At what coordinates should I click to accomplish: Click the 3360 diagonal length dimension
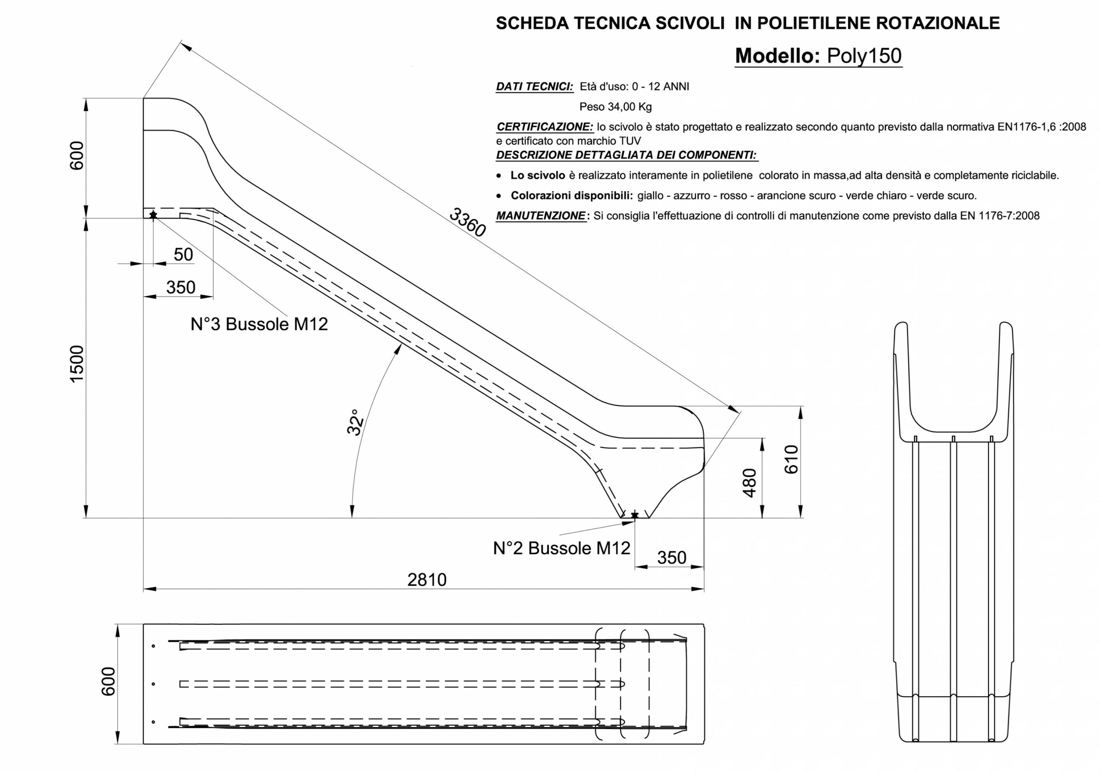coord(467,222)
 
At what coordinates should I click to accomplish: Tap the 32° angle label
coord(355,422)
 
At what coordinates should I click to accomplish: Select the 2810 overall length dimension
coord(426,580)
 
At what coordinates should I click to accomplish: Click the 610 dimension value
coord(791,459)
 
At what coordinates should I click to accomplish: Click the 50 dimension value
coord(183,255)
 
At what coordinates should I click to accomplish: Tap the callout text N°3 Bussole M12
coord(259,324)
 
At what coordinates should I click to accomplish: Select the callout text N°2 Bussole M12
coord(562,548)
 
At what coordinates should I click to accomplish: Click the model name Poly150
coord(864,56)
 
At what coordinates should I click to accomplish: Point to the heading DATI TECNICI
coord(534,87)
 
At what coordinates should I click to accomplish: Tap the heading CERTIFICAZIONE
coord(545,127)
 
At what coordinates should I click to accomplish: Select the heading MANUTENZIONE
coord(541,216)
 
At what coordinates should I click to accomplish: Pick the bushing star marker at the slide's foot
coord(635,515)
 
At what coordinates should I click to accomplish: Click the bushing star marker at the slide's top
coord(153,215)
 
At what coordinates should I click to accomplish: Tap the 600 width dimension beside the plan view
coord(109,681)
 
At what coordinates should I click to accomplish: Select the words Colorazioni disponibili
coord(571,196)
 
